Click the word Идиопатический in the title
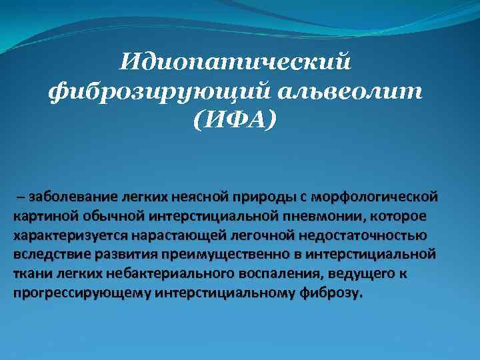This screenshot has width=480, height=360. [235, 64]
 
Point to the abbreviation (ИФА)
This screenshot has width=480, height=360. [234, 122]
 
